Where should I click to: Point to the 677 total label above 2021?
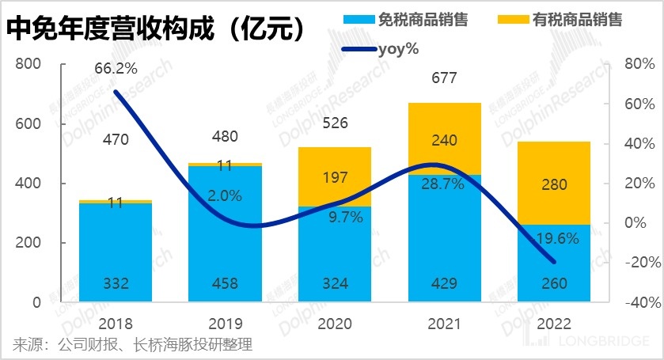tap(445, 78)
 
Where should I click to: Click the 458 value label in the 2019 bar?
tap(225, 284)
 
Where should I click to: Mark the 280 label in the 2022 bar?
tap(554, 185)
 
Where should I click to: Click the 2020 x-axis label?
tap(335, 324)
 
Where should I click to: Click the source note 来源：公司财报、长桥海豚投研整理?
tap(131, 344)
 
